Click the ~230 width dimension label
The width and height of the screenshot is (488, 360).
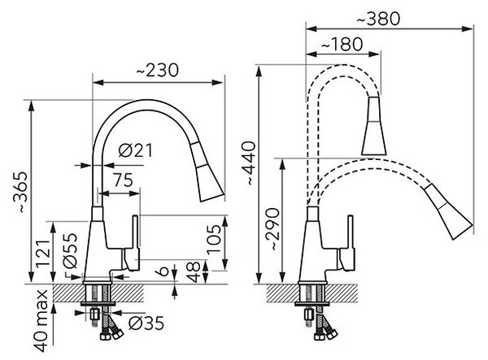158,70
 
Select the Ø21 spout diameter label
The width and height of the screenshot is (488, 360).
136,151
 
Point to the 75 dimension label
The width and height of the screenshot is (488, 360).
123,180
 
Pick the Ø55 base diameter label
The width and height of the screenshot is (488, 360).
69,250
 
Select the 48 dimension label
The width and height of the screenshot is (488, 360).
194,271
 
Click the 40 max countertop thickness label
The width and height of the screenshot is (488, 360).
41,321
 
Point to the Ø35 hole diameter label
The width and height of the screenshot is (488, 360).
146,323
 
